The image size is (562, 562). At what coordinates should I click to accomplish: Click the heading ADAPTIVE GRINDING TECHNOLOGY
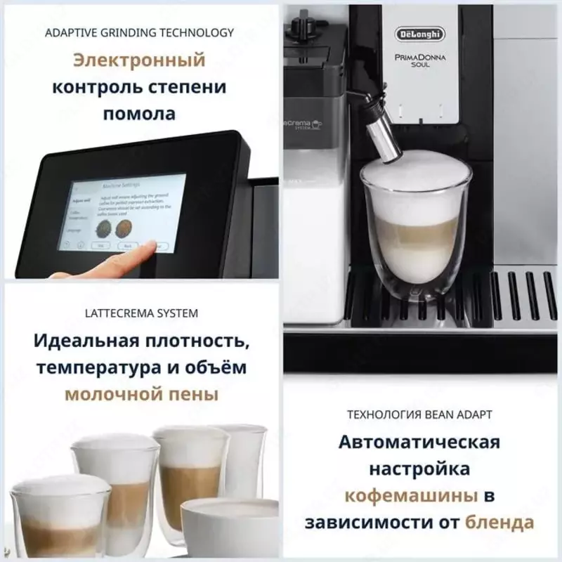point(139,32)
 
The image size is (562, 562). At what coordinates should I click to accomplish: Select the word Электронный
point(139,60)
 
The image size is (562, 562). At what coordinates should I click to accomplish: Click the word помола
point(139,113)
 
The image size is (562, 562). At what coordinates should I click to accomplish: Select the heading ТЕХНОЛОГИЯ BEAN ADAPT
point(419,414)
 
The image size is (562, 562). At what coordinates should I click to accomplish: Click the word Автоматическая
point(419,442)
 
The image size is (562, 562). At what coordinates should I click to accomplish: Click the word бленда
point(499,523)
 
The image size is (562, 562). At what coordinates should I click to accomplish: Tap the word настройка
point(419,469)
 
